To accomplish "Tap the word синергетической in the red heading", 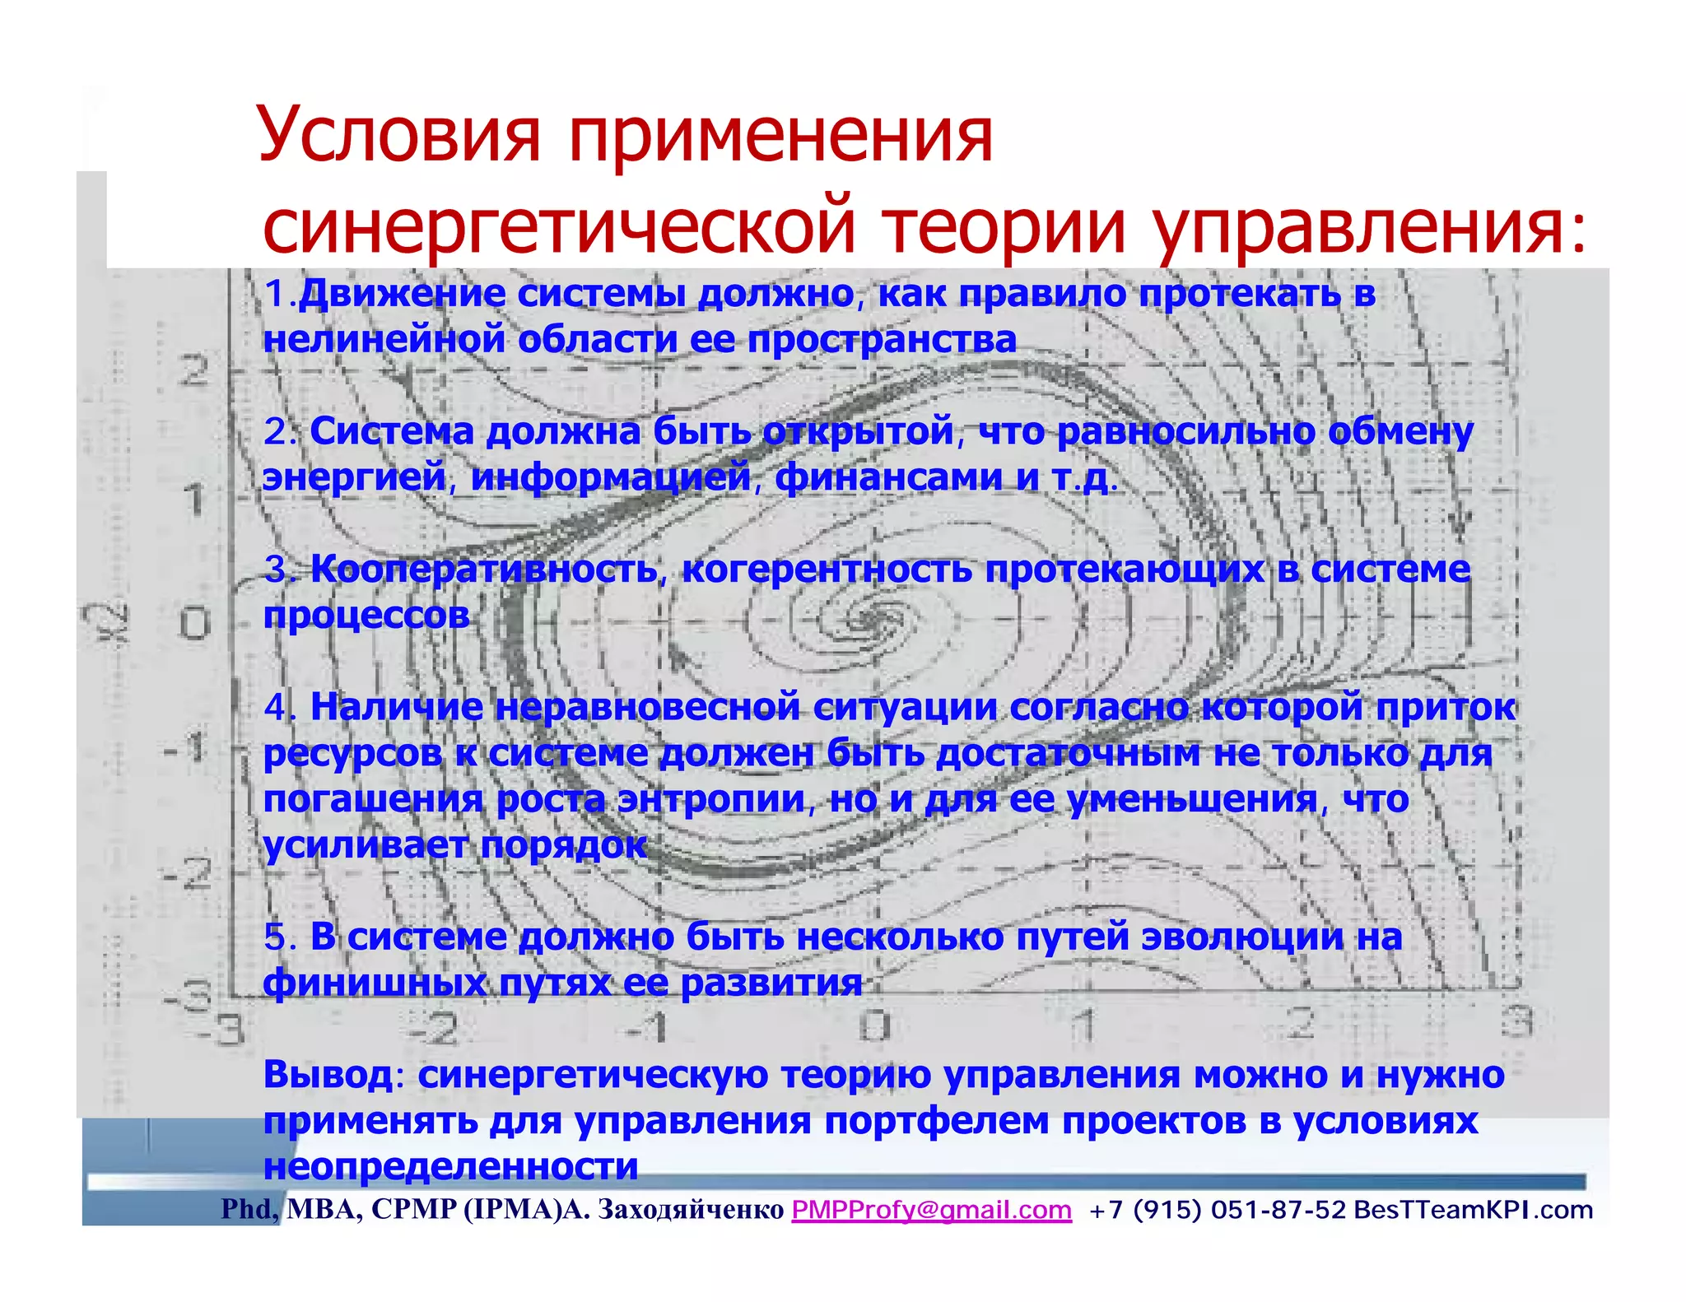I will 559,226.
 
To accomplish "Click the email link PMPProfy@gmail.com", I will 931,1210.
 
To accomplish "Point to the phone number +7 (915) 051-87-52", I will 1217,1210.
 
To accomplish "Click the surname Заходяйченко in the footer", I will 690,1210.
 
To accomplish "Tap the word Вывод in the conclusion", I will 328,1075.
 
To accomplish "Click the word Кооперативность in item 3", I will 484,570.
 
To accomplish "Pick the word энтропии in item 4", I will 712,799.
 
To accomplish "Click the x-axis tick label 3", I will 1516,1023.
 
